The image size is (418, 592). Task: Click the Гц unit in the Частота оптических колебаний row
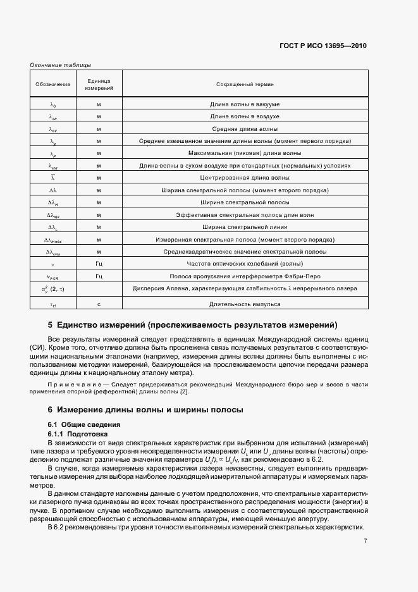click(99, 264)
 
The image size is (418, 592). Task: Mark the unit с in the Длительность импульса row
click(99, 304)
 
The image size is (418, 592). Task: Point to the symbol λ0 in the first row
click(53, 104)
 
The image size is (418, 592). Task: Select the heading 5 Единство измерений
click(193, 325)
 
